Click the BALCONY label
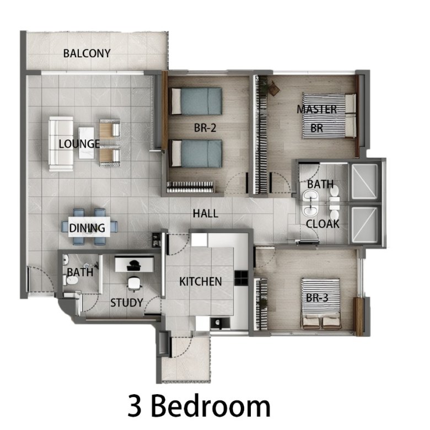tap(87, 53)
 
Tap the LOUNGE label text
tap(79, 144)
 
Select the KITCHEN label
tap(201, 282)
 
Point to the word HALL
tap(206, 214)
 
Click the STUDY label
tap(127, 303)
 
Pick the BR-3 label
tap(317, 298)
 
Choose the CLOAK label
tap(322, 224)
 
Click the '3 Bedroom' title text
tap(199, 406)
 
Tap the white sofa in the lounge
tap(61, 144)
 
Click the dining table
tap(89, 227)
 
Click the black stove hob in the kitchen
tap(241, 278)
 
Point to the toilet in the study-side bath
tap(71, 280)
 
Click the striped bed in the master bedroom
tap(329, 116)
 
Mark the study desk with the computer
tap(134, 264)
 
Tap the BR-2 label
tap(205, 128)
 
